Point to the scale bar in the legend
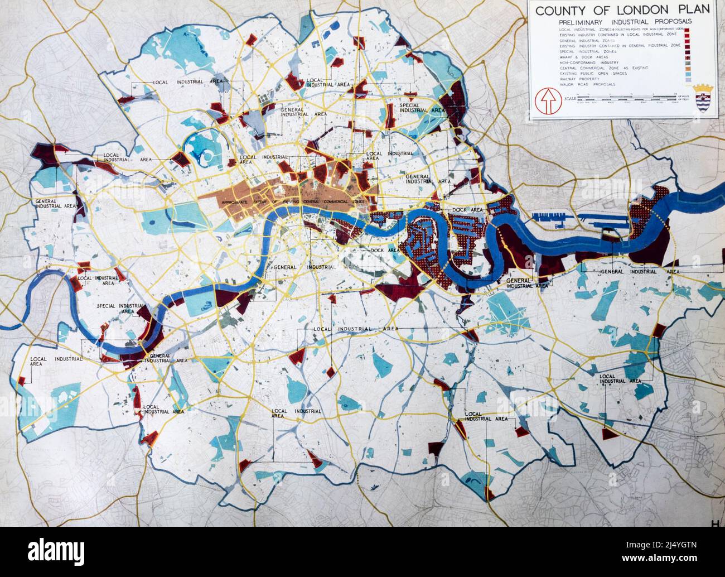(x=629, y=99)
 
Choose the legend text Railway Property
(x=581, y=79)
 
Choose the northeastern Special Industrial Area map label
(x=422, y=107)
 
